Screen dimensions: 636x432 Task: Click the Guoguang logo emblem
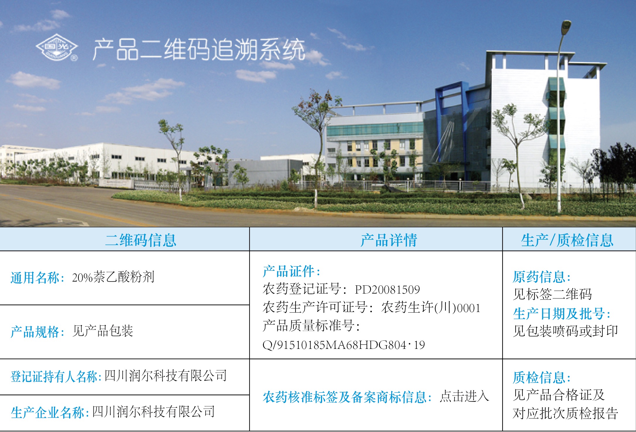(57, 47)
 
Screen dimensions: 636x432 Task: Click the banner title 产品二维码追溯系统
(199, 49)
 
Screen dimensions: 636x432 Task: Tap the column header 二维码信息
(141, 240)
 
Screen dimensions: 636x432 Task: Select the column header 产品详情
(389, 240)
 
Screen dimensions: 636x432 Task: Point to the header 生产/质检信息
(567, 240)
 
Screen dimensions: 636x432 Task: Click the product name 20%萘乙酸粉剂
(113, 277)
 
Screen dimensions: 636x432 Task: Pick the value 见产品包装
(103, 331)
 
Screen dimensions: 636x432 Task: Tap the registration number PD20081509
(387, 289)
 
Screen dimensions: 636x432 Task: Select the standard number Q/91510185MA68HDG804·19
(344, 345)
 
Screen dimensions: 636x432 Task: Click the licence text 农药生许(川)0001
(431, 307)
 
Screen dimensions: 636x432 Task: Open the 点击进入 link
(464, 396)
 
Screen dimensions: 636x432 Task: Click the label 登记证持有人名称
(54, 376)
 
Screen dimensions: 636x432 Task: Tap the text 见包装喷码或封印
(565, 331)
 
